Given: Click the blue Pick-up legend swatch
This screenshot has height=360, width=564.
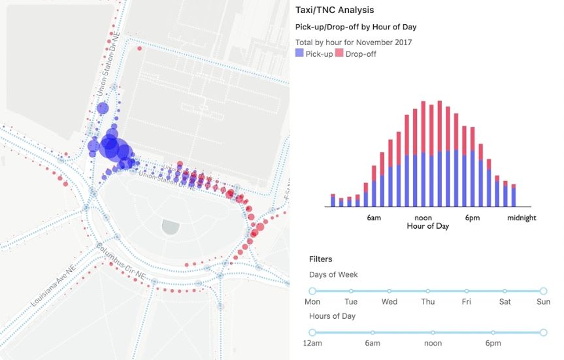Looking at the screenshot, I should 299,54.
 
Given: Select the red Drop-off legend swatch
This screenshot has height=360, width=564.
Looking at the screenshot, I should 339,54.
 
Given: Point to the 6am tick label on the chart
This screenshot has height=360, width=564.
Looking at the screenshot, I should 374,218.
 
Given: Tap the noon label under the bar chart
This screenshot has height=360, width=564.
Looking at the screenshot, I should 423,218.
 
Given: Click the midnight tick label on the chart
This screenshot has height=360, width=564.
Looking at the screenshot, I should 522,218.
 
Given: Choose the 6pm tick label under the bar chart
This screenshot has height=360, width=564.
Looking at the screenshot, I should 473,218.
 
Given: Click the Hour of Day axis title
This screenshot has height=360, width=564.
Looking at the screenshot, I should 428,226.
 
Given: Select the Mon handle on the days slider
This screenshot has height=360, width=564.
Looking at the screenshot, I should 312,291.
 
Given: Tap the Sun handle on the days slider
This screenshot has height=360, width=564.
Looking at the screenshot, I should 543,291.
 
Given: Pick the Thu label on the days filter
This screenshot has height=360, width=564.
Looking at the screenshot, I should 428,302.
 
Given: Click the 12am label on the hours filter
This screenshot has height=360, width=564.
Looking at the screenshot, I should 313,344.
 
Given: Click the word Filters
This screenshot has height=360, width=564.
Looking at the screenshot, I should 321,259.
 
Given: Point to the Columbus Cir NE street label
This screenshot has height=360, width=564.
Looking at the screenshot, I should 122,261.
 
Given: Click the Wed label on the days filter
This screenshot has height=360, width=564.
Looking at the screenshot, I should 390,302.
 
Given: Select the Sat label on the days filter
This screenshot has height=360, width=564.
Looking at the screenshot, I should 505,302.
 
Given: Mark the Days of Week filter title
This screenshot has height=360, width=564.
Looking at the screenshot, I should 333,275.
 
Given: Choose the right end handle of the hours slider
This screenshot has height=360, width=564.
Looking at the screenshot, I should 543,333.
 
